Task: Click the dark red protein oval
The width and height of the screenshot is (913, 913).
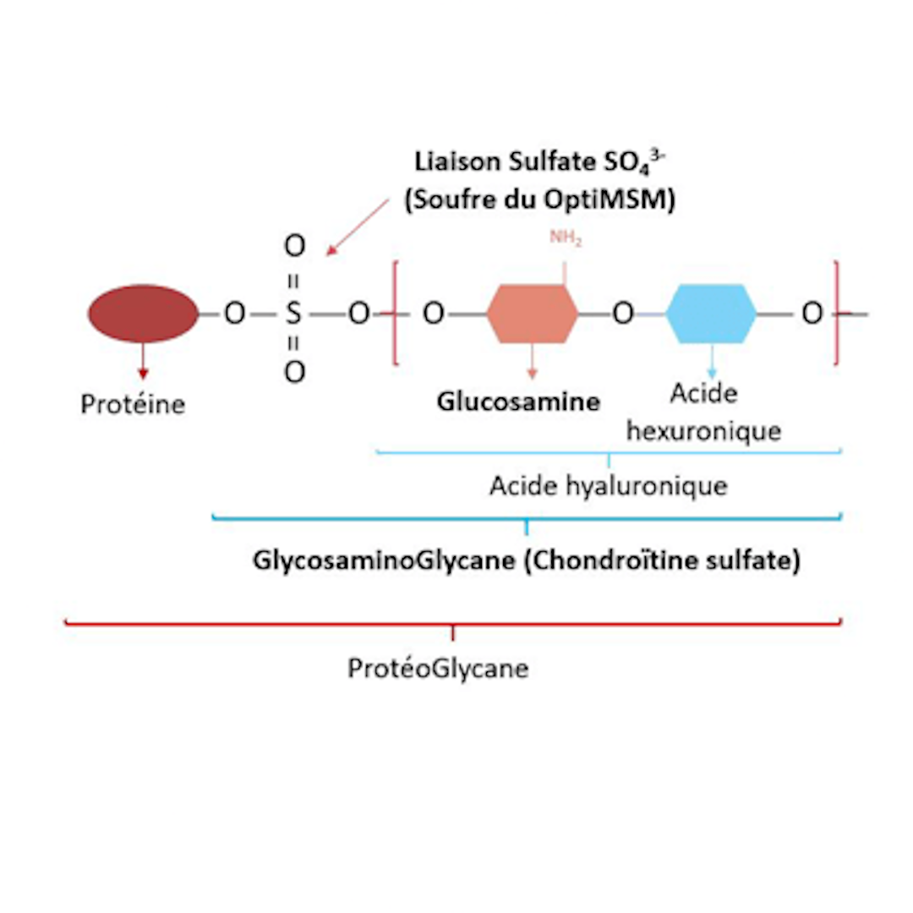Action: click(142, 314)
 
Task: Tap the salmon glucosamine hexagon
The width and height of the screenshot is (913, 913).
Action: click(533, 314)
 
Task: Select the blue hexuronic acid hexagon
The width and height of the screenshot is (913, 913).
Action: click(711, 314)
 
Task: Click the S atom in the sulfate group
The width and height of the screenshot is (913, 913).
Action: click(293, 314)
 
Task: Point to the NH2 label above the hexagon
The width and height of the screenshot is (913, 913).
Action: click(566, 239)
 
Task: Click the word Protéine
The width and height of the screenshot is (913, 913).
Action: click(133, 404)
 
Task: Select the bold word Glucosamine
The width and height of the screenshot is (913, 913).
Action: click(518, 402)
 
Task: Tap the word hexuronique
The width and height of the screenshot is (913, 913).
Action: click(703, 430)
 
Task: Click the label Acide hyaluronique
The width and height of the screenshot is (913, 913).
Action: click(608, 487)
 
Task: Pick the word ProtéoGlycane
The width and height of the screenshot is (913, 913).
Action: click(438, 669)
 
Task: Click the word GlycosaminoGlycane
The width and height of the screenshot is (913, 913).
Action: click(384, 561)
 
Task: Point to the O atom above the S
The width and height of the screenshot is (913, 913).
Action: click(293, 247)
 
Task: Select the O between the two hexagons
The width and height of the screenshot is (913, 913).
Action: click(622, 314)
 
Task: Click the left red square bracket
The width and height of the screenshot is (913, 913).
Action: click(396, 314)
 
